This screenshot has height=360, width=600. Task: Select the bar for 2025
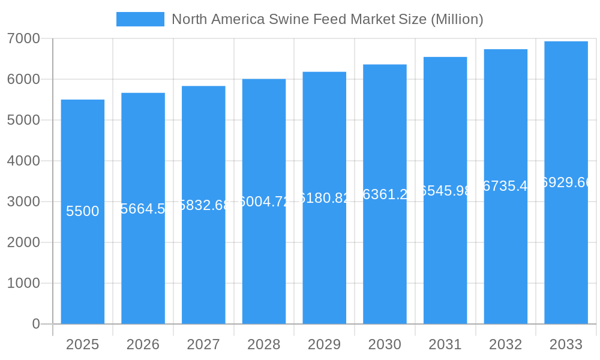tap(83, 270)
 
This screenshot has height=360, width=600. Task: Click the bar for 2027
tap(203, 270)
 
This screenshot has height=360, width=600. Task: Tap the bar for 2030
tap(385, 270)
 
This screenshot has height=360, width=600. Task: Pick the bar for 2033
tap(566, 270)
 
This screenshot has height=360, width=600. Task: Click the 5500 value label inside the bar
tap(83, 211)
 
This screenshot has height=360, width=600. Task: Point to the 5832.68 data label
tap(204, 205)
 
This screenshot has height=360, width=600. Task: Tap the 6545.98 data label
tap(445, 191)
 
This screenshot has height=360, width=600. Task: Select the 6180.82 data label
tap(325, 198)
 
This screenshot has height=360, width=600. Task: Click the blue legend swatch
tap(140, 19)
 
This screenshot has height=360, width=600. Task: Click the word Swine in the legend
tap(290, 19)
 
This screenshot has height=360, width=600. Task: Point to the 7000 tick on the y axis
tap(23, 38)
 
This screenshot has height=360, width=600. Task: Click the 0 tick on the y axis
tap(35, 324)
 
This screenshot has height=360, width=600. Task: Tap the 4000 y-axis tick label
tap(23, 161)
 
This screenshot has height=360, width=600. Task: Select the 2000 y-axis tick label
tap(23, 242)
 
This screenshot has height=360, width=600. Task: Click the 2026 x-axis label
tap(143, 344)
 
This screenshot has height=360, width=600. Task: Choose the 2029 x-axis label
tap(324, 344)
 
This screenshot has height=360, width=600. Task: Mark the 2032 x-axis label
tap(505, 344)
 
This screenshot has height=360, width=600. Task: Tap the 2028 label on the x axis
tap(263, 344)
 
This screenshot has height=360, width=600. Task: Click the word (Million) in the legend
tap(457, 19)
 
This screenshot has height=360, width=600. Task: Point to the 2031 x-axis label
tap(445, 344)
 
